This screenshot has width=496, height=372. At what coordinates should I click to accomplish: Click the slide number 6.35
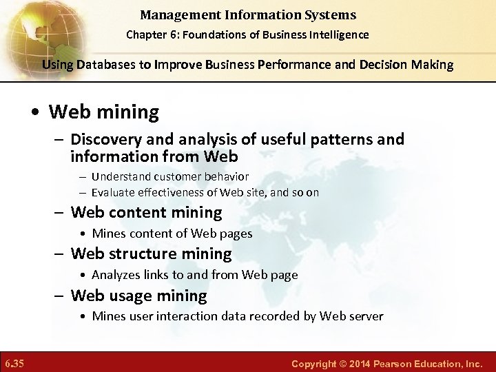coord(14,362)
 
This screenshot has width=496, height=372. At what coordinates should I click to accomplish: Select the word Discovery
coord(105,140)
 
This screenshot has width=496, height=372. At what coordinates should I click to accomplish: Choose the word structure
coord(141,254)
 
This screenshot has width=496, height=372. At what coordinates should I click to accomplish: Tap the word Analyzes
coord(115,275)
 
